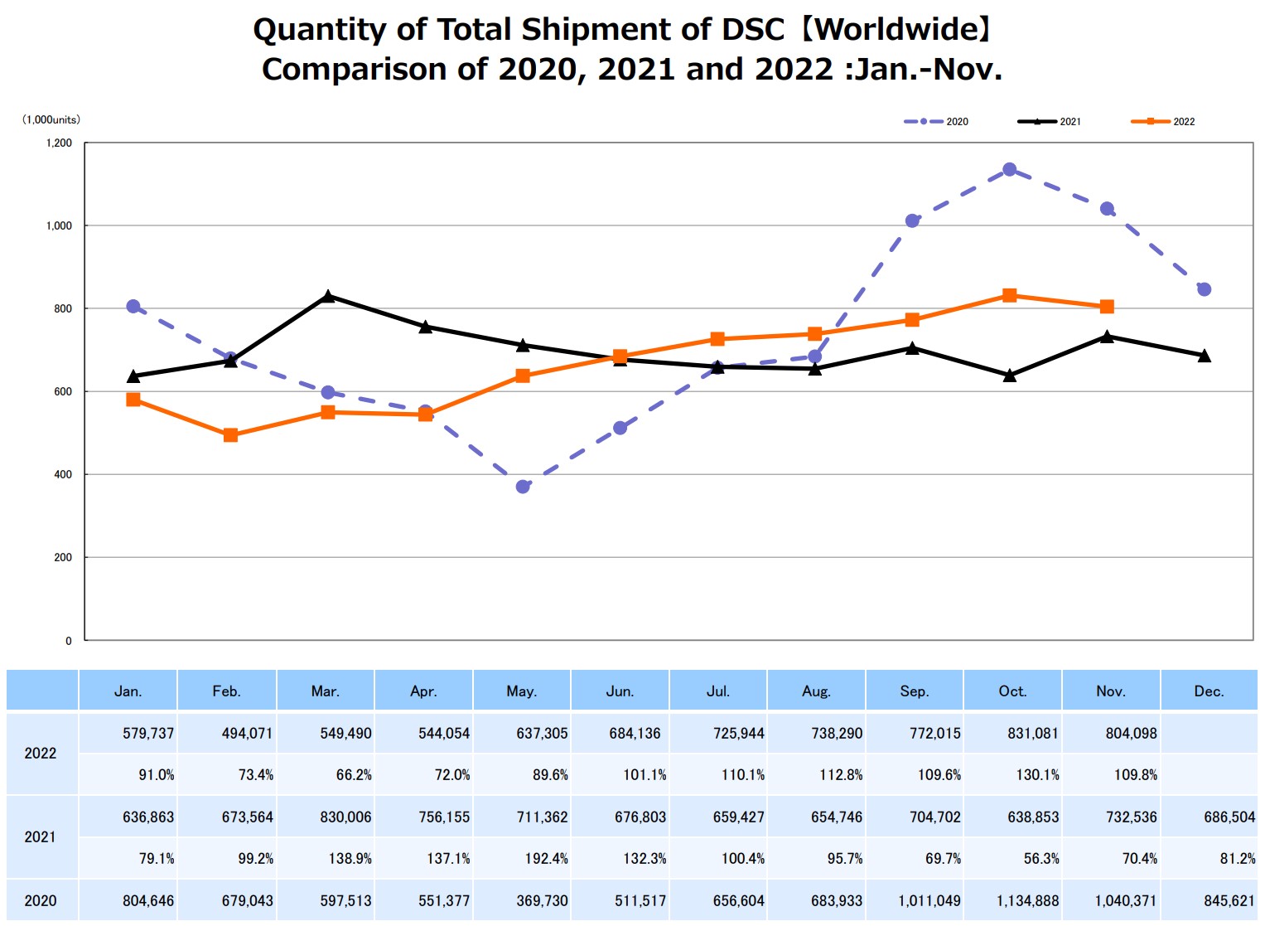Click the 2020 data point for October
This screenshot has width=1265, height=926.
(x=1009, y=170)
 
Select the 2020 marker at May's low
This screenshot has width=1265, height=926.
(x=523, y=487)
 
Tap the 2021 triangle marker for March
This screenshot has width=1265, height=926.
(x=328, y=296)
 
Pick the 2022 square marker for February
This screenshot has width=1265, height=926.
(x=230, y=435)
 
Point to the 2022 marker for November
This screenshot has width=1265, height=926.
(x=1107, y=307)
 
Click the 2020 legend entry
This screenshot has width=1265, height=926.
(x=936, y=122)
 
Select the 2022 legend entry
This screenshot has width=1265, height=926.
(x=1163, y=122)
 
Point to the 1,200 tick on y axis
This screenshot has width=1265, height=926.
(x=59, y=143)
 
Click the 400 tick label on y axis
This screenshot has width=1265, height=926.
(x=63, y=474)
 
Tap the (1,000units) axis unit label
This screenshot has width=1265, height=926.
(x=51, y=119)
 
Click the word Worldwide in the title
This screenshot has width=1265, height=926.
(x=899, y=30)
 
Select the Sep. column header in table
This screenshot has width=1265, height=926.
(x=914, y=691)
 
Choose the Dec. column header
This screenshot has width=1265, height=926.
(x=1209, y=691)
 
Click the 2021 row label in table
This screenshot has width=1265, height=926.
(x=41, y=837)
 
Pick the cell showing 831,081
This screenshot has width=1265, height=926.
(x=1033, y=734)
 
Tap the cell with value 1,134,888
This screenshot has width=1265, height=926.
(x=1027, y=901)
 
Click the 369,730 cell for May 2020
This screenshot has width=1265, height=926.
(x=542, y=901)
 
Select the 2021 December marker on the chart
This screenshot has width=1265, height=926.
(x=1205, y=356)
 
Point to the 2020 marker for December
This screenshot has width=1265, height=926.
(x=1205, y=289)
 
